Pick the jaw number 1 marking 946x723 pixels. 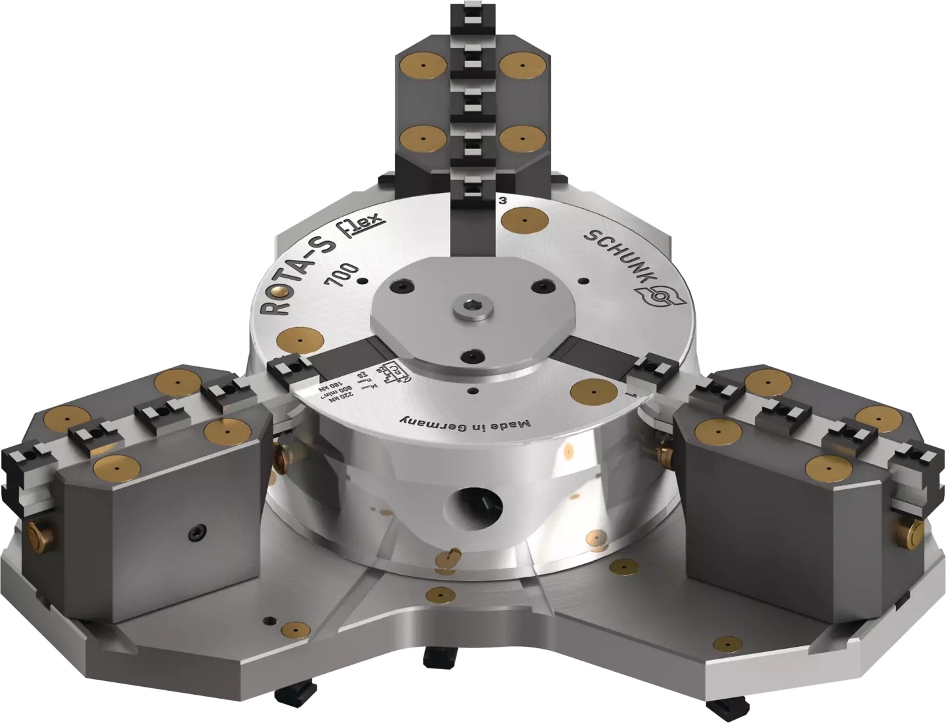[x=629, y=395]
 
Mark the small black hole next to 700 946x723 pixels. [x=362, y=282]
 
